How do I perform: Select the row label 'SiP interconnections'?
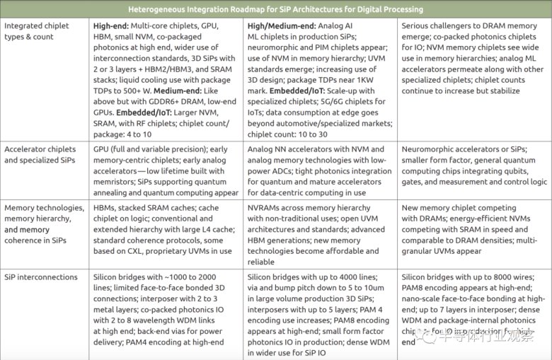pos(41,276)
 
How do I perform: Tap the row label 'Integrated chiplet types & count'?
pos(36,31)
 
